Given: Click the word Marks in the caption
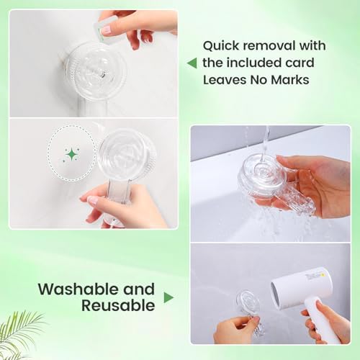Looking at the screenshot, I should point(288,80).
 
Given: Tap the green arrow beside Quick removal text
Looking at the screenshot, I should point(192,63).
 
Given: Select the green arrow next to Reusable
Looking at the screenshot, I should point(168,297).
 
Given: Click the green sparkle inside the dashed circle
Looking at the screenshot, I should point(72,154).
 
